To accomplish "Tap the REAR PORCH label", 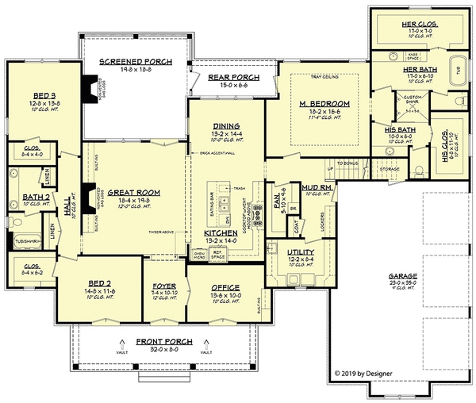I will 230,76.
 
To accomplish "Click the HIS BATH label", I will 400,128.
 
